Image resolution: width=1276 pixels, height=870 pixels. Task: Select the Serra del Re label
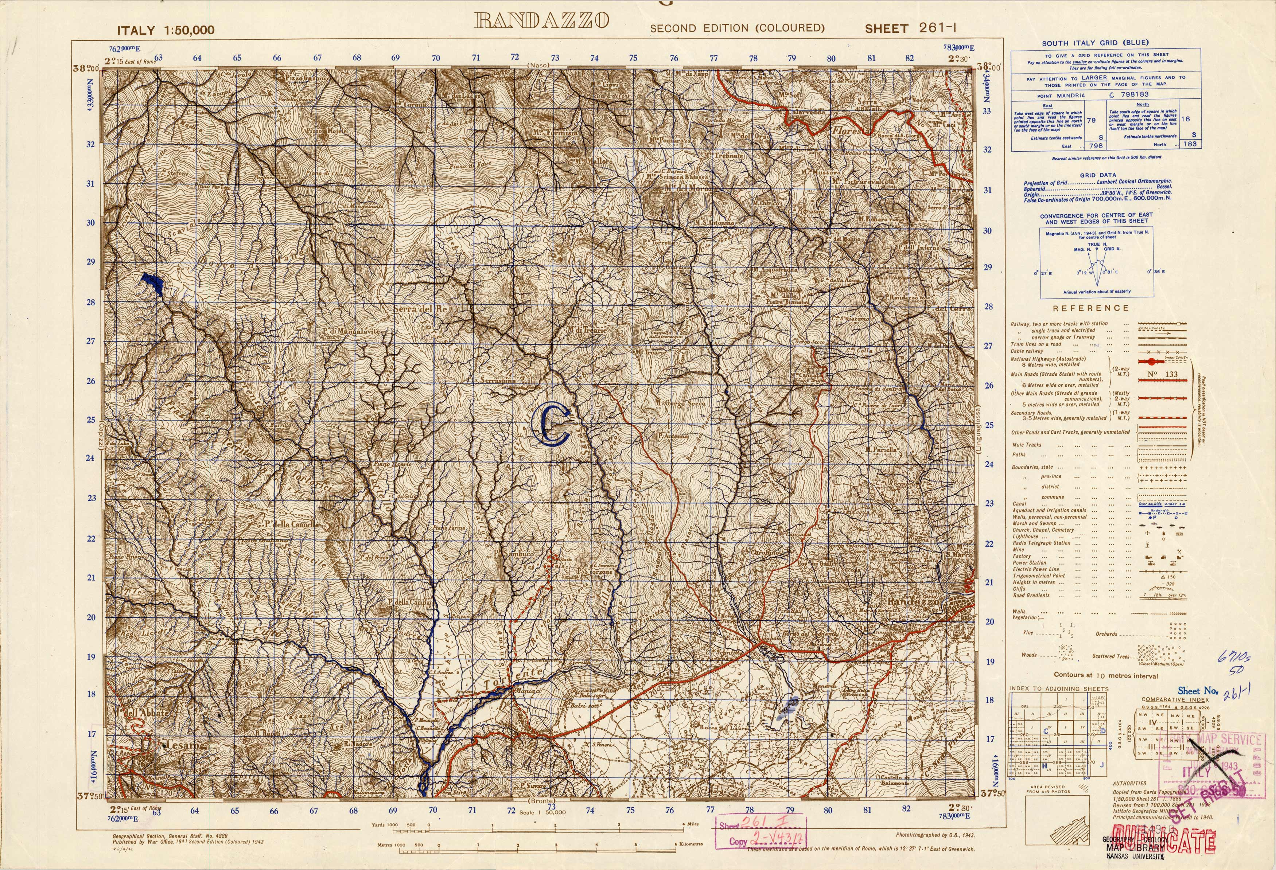pos(420,309)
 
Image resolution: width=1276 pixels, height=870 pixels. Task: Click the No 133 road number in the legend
pos(1162,374)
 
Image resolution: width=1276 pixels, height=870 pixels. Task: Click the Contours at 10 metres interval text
pos(1105,676)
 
